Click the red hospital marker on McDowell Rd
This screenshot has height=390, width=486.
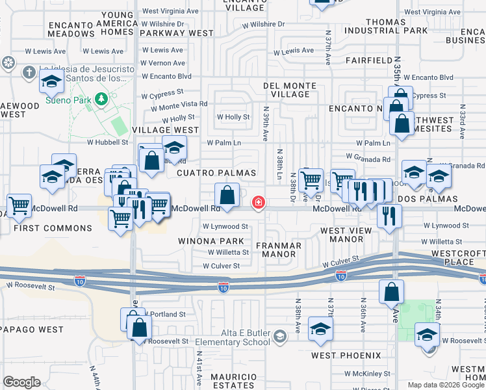pyautogui.click(x=259, y=203)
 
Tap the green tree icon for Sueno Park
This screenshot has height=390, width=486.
pyautogui.click(x=101, y=99)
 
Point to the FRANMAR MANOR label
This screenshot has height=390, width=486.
pyautogui.click(x=279, y=250)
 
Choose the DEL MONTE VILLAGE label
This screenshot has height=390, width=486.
pyautogui.click(x=290, y=90)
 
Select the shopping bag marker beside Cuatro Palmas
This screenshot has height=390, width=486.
pyautogui.click(x=227, y=195)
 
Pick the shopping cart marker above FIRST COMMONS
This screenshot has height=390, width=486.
pyautogui.click(x=19, y=206)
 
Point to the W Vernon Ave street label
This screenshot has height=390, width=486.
pyautogui.click(x=162, y=63)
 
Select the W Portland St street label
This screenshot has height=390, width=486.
pyautogui.click(x=166, y=314)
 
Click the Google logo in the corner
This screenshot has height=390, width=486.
pyautogui.click(x=21, y=382)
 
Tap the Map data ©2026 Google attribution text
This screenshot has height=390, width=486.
pyautogui.click(x=446, y=385)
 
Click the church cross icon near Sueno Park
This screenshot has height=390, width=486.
pyautogui.click(x=29, y=72)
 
